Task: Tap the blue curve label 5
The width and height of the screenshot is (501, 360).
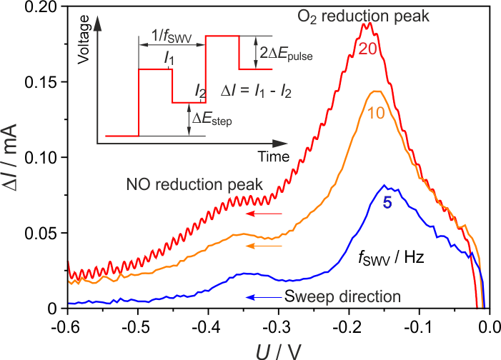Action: pyautogui.click(x=387, y=203)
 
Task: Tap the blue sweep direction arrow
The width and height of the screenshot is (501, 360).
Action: pyautogui.click(x=264, y=296)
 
